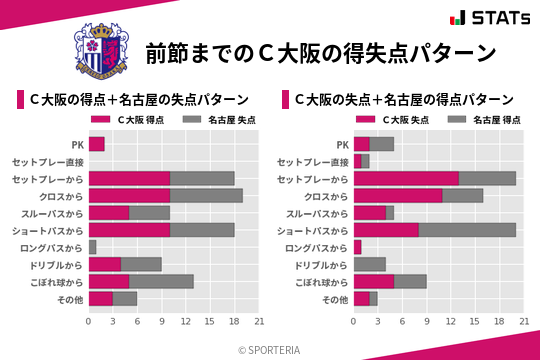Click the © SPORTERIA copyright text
pos(270,349)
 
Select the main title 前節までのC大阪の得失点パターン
pos(320,52)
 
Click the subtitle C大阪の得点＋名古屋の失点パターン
pos(141,100)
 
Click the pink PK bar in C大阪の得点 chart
pos(97,144)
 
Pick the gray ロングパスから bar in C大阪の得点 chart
pos(93,246)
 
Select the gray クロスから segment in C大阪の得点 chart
pos(206,195)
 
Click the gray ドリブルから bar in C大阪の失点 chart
pos(370,264)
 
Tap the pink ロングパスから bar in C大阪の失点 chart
pos(358,246)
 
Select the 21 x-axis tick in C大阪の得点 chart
pos(259,321)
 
